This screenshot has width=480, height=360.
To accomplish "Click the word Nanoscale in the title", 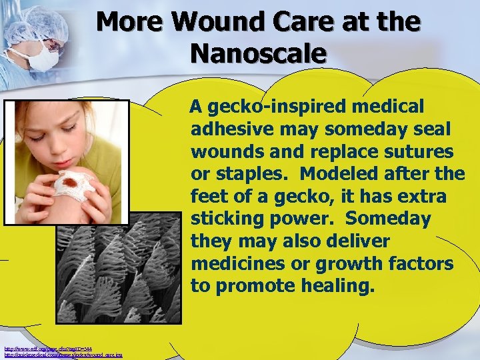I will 258,53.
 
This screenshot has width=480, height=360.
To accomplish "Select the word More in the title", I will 129,22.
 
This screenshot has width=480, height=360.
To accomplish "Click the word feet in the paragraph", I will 211,197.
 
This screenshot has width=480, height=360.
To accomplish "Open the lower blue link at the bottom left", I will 63,355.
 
